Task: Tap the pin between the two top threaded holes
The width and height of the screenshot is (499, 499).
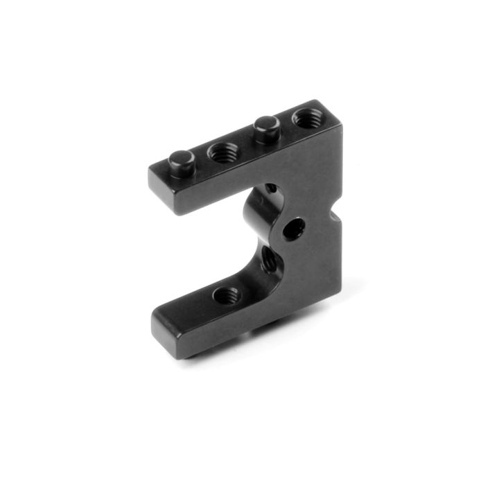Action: (x=266, y=127)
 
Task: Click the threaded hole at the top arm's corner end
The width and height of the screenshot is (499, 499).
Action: (x=306, y=119)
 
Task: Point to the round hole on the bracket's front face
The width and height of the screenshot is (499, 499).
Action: (x=294, y=227)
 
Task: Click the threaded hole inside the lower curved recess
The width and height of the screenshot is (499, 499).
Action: (x=269, y=261)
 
